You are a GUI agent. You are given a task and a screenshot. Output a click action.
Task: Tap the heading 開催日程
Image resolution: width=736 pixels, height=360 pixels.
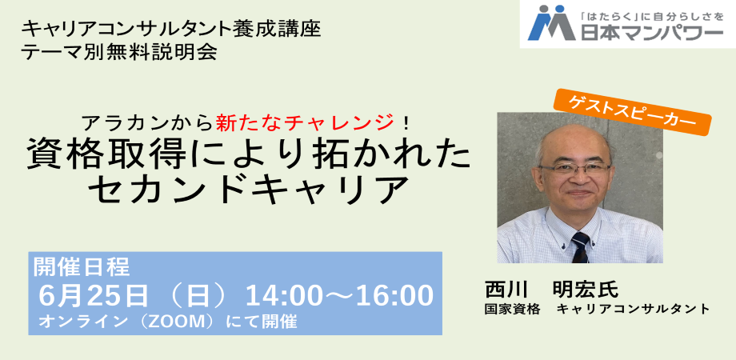coord(80,265)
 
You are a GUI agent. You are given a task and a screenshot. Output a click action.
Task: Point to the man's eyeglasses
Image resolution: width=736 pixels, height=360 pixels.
coord(576,169)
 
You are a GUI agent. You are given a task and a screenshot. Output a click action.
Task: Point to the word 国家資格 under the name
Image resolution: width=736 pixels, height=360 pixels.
coord(513,309)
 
